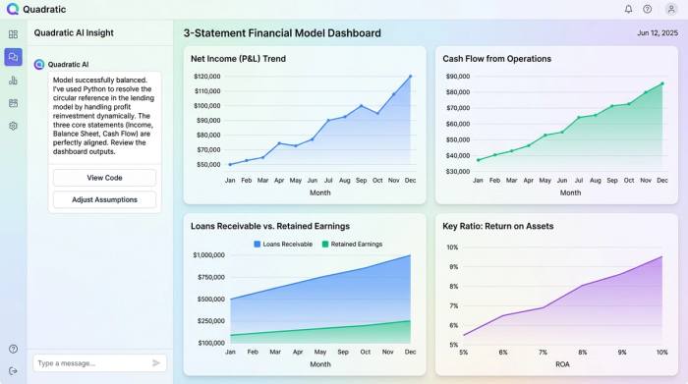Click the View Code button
[x=104, y=178]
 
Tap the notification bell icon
[x=628, y=9]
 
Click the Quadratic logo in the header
[x=13, y=9]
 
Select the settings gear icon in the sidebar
[x=13, y=126]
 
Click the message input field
[x=88, y=363]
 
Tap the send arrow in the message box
[x=156, y=363]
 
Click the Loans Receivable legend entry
[x=285, y=244]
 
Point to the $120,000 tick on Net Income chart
[x=206, y=77]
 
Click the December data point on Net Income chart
[x=410, y=77]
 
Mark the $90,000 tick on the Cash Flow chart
[x=457, y=77]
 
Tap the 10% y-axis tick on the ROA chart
[x=452, y=247]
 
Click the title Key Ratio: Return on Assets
[x=497, y=226]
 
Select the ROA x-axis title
[x=562, y=364]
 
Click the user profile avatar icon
[x=671, y=9]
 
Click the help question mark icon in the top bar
[x=648, y=9]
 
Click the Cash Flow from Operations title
[x=496, y=59]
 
